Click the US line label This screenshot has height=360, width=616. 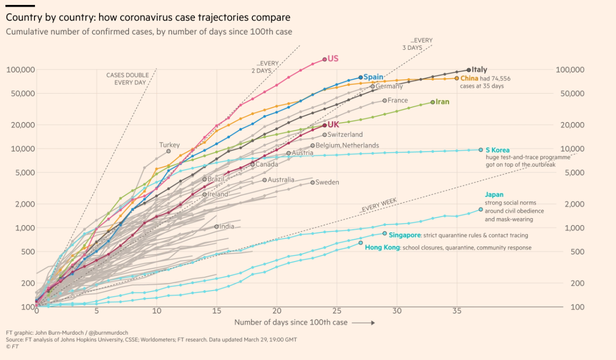coord(333,59)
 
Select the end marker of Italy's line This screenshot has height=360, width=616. coord(468,70)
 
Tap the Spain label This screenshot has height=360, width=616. coord(373,77)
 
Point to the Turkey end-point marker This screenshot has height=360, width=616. coord(168,151)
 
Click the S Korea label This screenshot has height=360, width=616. coord(497,150)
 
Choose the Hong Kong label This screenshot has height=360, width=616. coord(382,248)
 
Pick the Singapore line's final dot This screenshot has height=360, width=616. coord(385,233)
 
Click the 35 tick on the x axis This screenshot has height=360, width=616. coord(456,311)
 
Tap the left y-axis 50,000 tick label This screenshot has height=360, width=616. coord(20,94)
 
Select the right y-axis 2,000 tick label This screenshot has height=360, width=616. coord(574,204)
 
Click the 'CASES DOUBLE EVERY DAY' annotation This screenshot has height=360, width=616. coord(127,79)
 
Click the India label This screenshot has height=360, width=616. coord(227,227)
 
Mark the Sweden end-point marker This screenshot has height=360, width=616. coord(312,183)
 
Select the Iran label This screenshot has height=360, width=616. coord(442,102)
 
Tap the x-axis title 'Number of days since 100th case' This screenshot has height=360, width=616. coord(291,323)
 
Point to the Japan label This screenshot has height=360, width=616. coord(494,195)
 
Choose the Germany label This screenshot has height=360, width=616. coord(389,86)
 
